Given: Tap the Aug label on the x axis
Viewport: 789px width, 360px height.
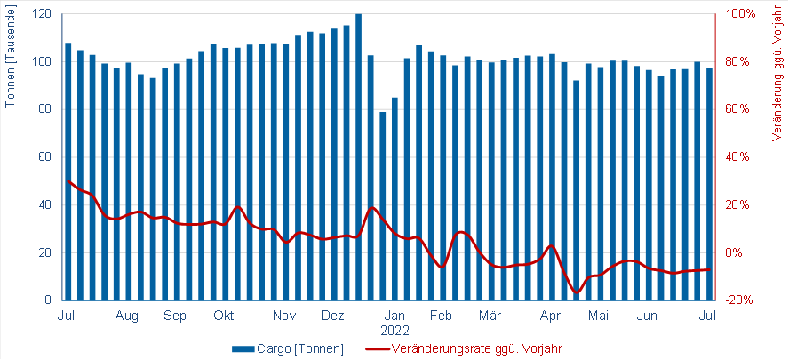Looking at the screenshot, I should click(127, 316).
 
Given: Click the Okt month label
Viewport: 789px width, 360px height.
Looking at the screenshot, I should click(224, 316).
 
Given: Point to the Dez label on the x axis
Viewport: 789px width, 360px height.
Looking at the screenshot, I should click(332, 316).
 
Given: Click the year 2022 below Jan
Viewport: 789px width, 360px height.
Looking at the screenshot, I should click(395, 330).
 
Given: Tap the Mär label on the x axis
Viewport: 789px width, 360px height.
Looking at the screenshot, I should click(490, 316).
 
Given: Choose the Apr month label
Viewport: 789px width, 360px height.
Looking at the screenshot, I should click(551, 316).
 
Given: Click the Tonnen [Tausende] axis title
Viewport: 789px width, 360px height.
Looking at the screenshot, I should click(11, 59).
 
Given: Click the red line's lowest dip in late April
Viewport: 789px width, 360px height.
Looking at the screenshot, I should click(577, 292).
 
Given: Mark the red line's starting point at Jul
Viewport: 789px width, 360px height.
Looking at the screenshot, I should click(68, 181).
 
